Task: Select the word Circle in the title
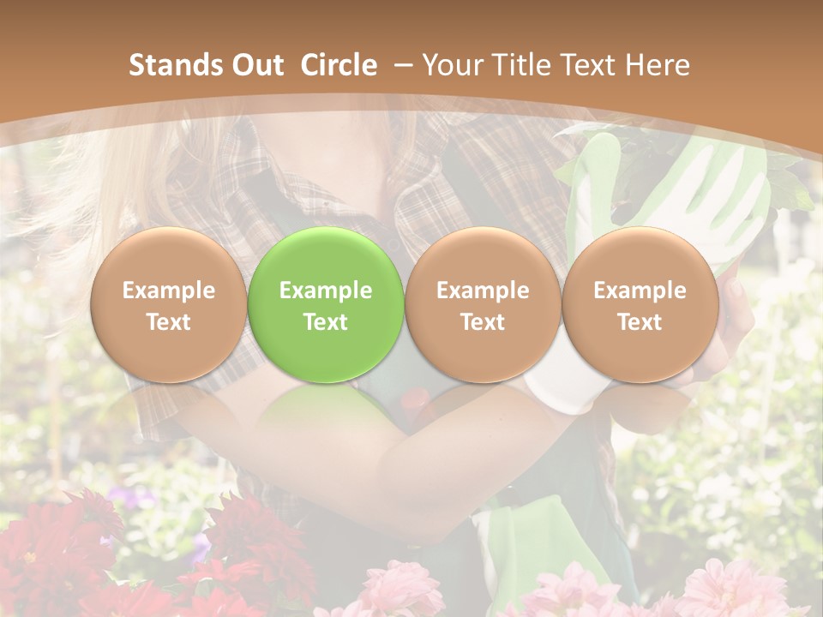click(x=339, y=65)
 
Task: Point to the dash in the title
click(x=400, y=66)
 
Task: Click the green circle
click(x=325, y=304)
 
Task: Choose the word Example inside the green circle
click(x=325, y=291)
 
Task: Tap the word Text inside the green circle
click(x=325, y=322)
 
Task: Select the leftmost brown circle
click(x=168, y=304)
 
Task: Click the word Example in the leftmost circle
click(x=168, y=291)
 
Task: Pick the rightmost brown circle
click(x=640, y=304)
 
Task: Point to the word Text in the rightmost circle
click(x=640, y=322)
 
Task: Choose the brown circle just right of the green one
click(x=483, y=304)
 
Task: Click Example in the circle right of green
click(x=483, y=291)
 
